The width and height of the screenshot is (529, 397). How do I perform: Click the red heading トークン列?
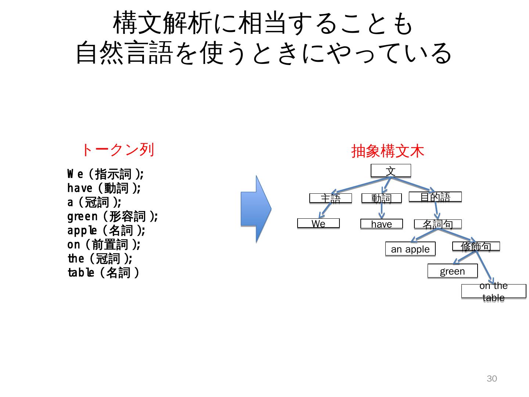(117, 150)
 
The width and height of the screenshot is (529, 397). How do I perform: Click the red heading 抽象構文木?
(388, 151)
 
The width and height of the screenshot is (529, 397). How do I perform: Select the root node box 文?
(391, 171)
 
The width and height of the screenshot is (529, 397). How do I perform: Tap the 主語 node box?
(330, 198)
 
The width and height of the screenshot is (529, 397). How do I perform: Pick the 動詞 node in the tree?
(381, 198)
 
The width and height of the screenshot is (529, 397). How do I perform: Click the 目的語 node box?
(435, 197)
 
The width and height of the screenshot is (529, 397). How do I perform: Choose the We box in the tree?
(318, 223)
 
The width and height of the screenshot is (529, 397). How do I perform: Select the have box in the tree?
(381, 223)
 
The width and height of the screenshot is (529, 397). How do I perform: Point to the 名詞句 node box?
(438, 223)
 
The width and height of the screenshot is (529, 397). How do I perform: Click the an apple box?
(410, 249)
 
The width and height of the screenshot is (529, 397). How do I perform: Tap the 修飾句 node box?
(476, 246)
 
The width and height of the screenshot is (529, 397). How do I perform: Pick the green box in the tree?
(452, 271)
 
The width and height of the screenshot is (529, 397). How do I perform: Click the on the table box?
(493, 291)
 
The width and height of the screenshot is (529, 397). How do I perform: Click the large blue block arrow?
(256, 209)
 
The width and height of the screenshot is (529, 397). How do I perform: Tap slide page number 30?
(492, 379)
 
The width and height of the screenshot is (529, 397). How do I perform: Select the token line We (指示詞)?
(105, 174)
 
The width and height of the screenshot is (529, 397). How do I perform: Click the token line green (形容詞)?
(112, 216)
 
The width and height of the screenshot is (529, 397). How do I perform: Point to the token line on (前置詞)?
(104, 244)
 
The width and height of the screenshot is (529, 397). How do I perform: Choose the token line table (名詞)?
(103, 273)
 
